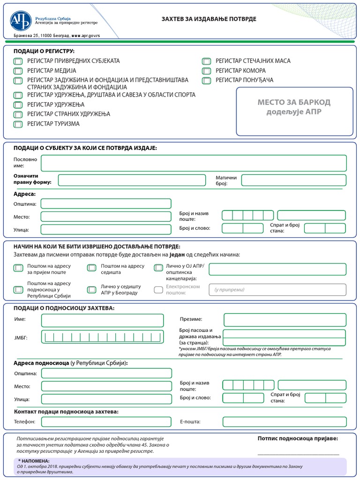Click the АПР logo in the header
tap(20, 21)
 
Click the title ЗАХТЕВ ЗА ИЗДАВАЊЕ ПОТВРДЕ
tap(209, 19)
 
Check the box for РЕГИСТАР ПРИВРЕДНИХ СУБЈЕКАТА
tap(18, 61)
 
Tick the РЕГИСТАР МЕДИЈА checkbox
tap(18, 71)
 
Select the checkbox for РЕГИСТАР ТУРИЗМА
tap(18, 124)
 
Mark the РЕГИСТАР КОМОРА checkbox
tap(206, 71)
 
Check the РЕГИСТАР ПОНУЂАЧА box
tap(206, 81)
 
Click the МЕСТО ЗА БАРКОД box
tap(294, 111)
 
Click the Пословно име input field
tap(194, 163)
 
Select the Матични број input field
tap(293, 180)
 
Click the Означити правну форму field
tap(132, 180)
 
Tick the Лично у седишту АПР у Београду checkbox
tap(91, 290)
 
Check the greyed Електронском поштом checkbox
tap(158, 290)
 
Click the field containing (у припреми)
tap(277, 290)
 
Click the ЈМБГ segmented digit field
tap(103, 337)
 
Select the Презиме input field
tap(285, 320)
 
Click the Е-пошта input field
tap(285, 421)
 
